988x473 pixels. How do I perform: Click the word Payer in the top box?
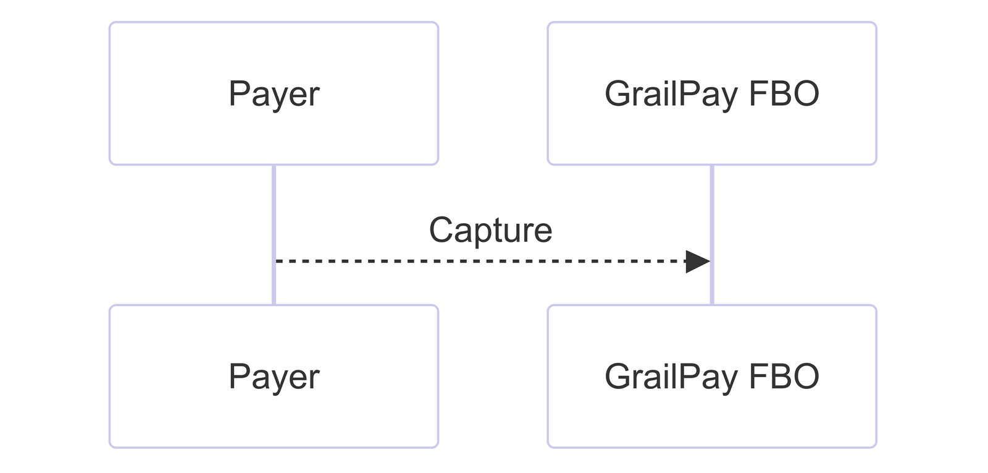[x=274, y=94]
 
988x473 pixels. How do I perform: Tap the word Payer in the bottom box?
[x=274, y=377]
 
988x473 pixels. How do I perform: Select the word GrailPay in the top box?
[x=671, y=94]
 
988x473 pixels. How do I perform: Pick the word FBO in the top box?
[x=784, y=93]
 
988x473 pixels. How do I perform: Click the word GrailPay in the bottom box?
[x=671, y=377]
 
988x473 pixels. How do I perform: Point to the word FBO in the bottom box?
[x=784, y=377]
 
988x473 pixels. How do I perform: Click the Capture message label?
[x=490, y=231]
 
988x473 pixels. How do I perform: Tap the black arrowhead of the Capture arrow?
[x=698, y=262]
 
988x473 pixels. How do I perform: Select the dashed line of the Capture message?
[x=481, y=262]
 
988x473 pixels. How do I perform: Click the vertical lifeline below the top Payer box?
[x=274, y=235]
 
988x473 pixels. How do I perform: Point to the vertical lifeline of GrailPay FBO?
[x=712, y=235]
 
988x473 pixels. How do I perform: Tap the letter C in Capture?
[x=442, y=229]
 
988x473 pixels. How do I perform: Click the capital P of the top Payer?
[x=240, y=93]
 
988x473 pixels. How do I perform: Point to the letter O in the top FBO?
[x=806, y=93]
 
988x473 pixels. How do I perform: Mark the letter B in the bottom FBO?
[x=779, y=376]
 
